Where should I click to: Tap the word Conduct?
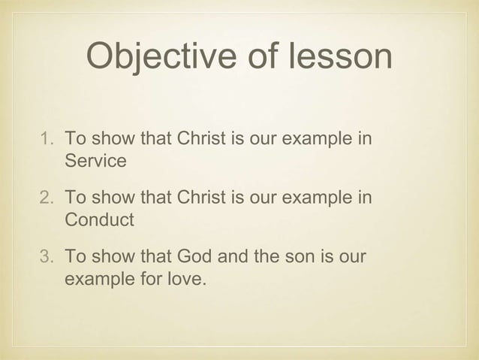pyautogui.click(x=99, y=220)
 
